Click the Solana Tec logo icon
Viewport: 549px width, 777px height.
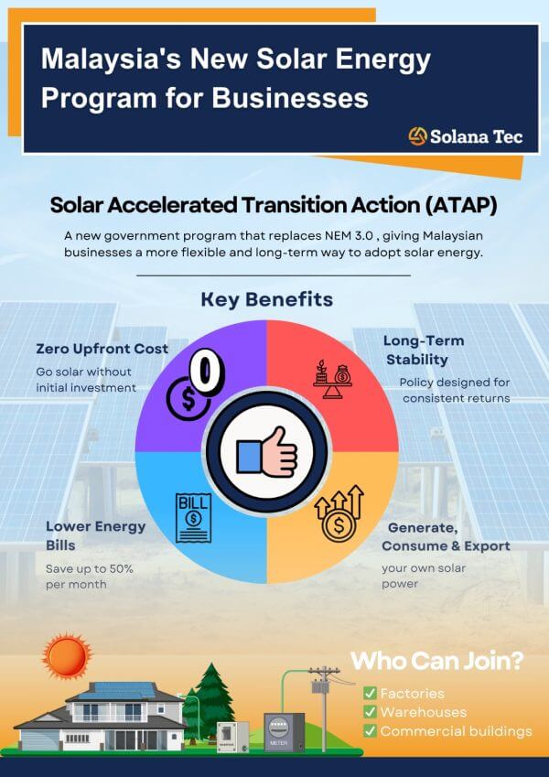point(417,135)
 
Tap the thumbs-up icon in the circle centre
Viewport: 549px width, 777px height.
point(267,453)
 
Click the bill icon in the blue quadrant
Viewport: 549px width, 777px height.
point(193,518)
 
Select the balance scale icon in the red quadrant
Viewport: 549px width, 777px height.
point(332,379)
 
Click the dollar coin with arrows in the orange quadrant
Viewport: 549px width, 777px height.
point(339,513)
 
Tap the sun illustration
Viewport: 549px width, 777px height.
point(67,656)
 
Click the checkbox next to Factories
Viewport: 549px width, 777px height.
point(370,693)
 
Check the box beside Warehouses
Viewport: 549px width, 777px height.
point(370,712)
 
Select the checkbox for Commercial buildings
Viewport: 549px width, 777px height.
point(370,731)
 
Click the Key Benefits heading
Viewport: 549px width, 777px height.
point(266,300)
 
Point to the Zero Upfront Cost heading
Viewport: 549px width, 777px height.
point(102,349)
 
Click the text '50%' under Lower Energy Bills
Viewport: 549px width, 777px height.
point(121,569)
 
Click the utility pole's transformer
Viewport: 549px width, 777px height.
point(318,686)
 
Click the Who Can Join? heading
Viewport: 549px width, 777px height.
point(437,661)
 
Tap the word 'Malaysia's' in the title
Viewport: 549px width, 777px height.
point(111,59)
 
